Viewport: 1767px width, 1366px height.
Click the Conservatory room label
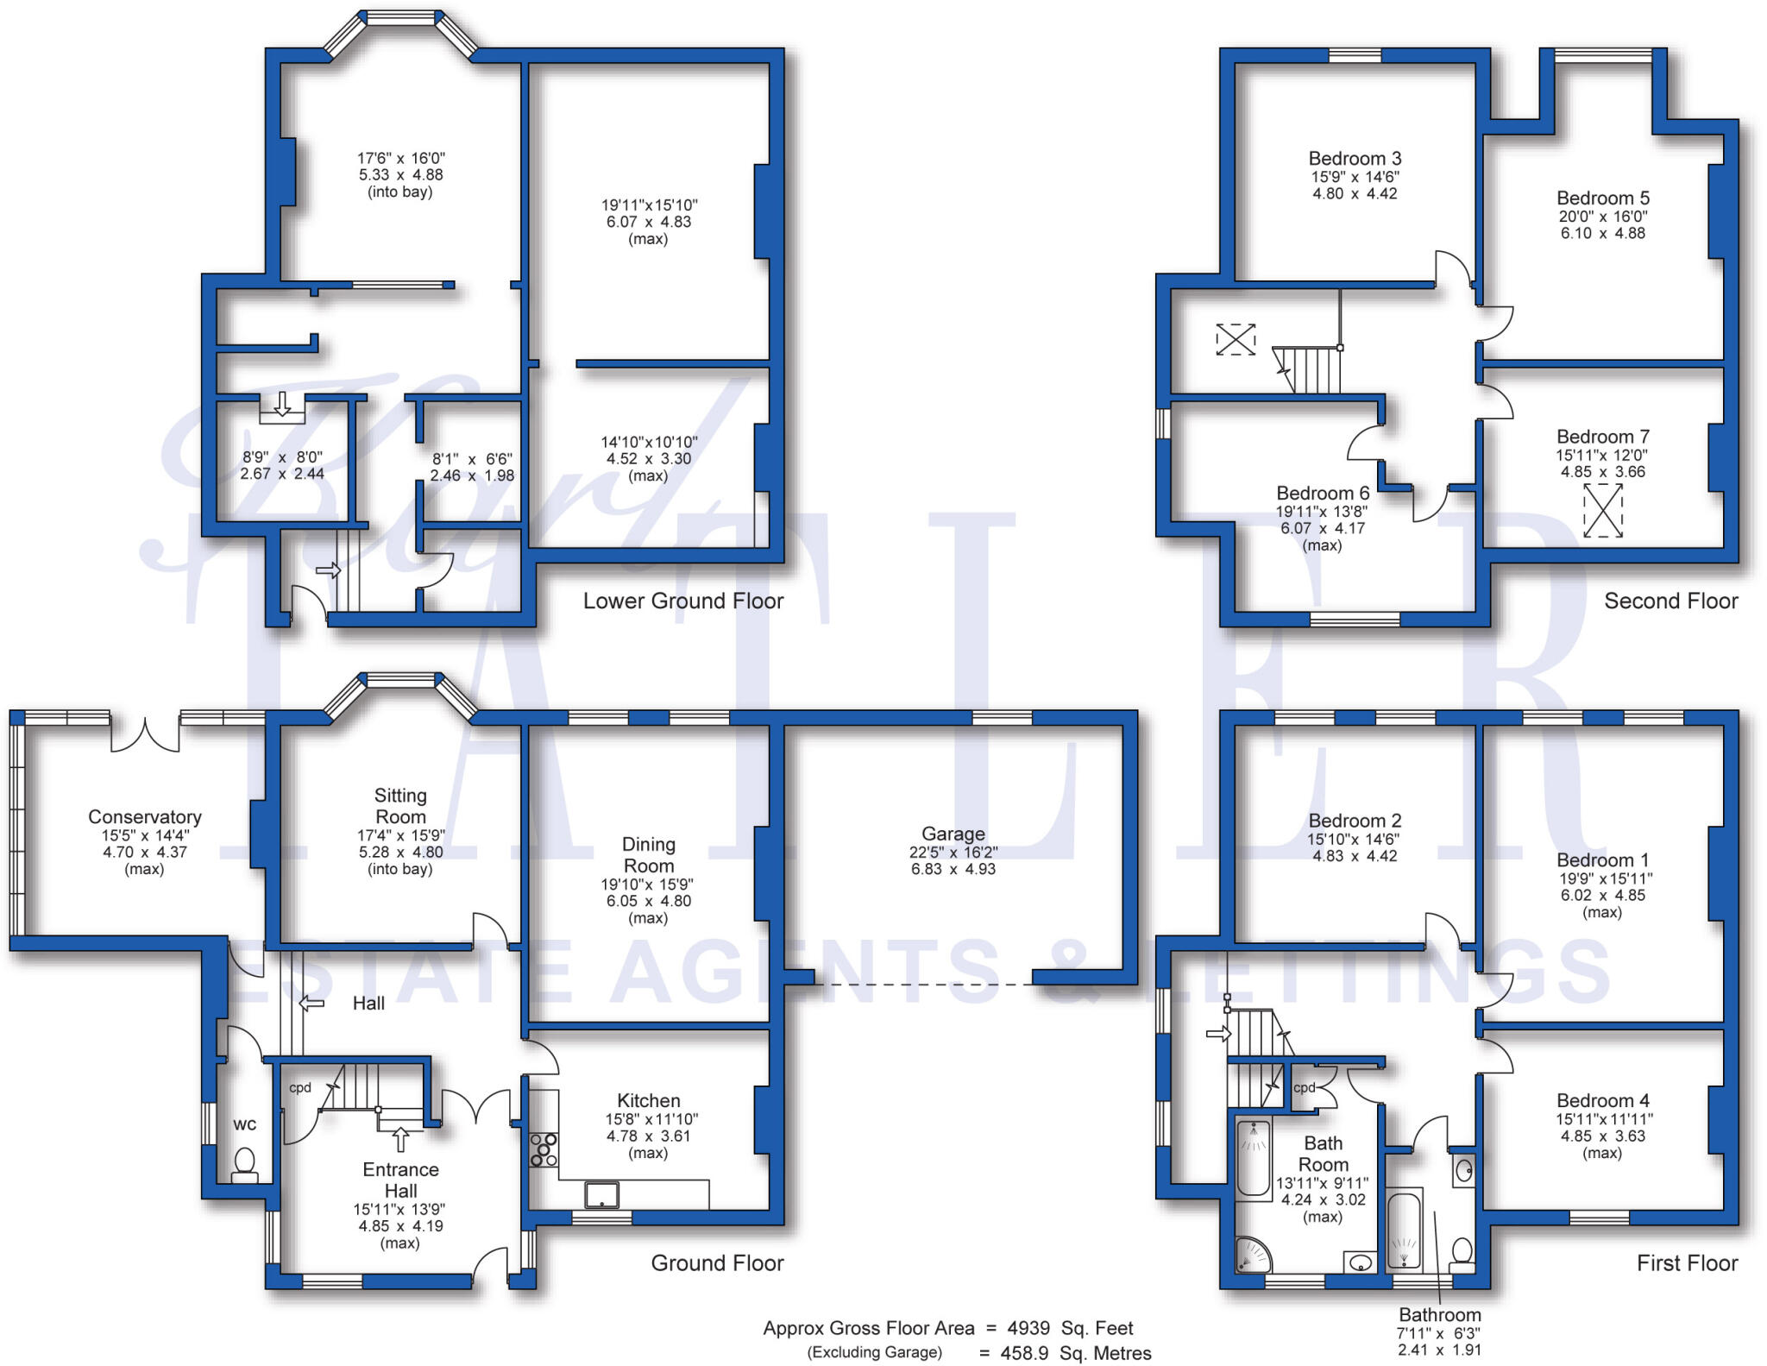145,816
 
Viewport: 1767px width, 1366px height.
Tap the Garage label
953,834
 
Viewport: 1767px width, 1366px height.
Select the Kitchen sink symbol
601,1194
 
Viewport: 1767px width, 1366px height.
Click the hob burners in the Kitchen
544,1150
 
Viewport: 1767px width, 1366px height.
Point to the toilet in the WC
245,1161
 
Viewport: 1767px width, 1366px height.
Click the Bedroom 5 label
1602,198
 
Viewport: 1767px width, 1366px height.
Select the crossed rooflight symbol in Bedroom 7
1602,510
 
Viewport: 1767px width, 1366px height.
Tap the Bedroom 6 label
1322,493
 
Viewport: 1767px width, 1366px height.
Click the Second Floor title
1670,601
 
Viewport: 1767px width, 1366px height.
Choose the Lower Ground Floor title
682,601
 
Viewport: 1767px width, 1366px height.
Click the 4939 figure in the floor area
1028,1328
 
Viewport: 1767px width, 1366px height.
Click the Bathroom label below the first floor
1439,1314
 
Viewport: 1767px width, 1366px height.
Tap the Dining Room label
648,854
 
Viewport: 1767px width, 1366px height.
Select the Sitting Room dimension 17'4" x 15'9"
400,835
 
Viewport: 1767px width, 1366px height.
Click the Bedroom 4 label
1602,1100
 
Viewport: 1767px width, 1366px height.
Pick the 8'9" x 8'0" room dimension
282,457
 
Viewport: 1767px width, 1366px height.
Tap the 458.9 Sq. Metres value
1075,1353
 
